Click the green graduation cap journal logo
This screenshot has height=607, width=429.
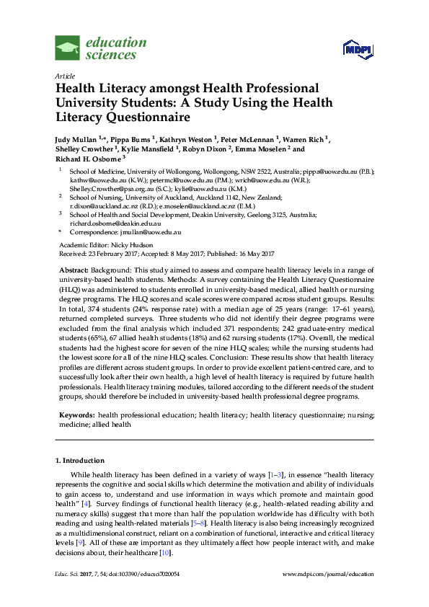(x=68, y=50)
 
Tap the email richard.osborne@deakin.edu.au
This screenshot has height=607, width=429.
(x=117, y=223)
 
